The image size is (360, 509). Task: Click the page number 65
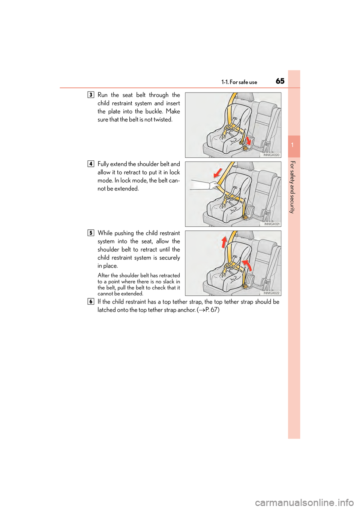(280, 81)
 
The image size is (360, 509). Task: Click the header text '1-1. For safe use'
(239, 82)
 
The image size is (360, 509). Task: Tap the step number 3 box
(91, 95)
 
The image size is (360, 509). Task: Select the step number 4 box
(91, 164)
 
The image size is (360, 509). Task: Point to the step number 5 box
(91, 233)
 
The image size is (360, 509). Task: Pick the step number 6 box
(91, 302)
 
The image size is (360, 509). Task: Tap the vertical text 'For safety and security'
(292, 187)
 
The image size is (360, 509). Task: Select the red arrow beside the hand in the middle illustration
(217, 173)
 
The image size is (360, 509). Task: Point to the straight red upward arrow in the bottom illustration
(224, 242)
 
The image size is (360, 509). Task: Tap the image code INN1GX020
(271, 155)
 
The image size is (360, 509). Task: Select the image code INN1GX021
(271, 224)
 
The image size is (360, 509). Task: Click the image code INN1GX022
(271, 293)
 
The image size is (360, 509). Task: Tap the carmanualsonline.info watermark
(304, 502)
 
